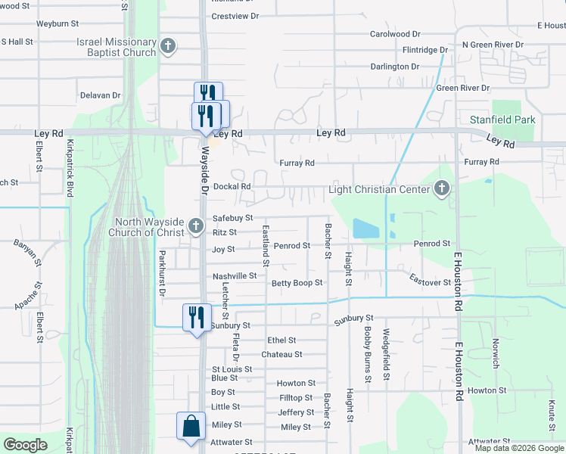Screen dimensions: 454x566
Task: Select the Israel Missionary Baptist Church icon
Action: click(x=168, y=47)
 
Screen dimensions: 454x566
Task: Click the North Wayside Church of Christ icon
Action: click(x=195, y=225)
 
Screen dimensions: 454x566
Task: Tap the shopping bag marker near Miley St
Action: click(x=190, y=426)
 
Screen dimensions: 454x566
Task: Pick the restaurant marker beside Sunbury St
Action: click(x=197, y=317)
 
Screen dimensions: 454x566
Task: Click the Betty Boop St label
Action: click(x=297, y=283)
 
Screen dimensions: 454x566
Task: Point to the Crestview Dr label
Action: click(x=235, y=16)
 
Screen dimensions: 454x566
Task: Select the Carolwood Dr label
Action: click(x=394, y=34)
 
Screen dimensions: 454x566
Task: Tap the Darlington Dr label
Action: click(x=394, y=67)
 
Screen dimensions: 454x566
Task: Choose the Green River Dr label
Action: click(x=463, y=88)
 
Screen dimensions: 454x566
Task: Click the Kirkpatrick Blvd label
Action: click(x=70, y=168)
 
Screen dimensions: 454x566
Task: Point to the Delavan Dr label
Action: click(x=100, y=95)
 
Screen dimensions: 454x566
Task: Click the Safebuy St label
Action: click(x=232, y=218)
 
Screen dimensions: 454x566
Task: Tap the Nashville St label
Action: click(x=235, y=276)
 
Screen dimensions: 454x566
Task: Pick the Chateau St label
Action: click(x=281, y=354)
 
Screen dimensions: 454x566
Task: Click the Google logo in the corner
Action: click(x=25, y=445)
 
